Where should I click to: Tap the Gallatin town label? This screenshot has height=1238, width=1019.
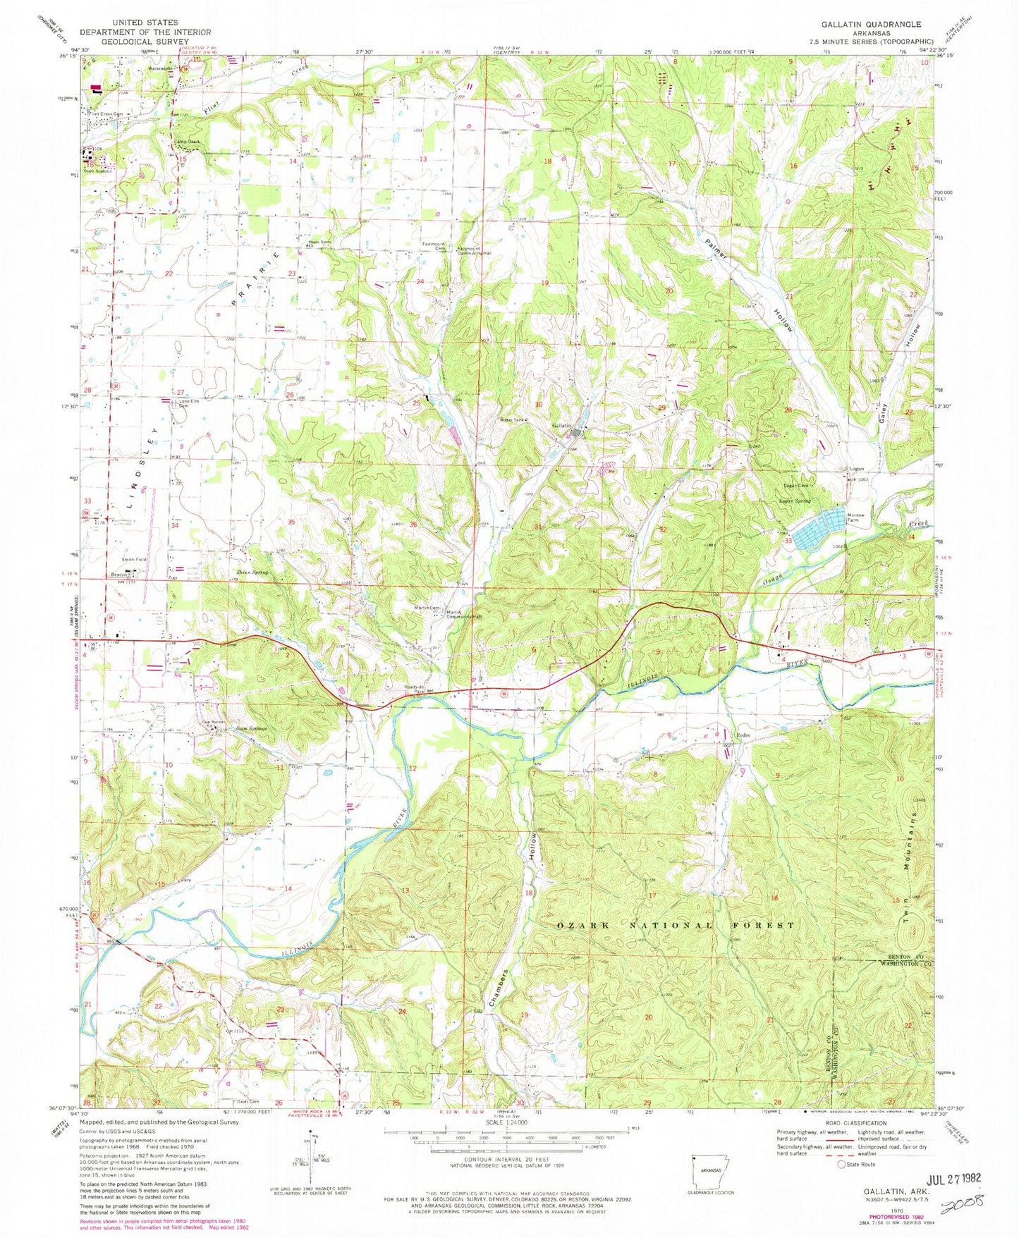pos(560,426)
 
